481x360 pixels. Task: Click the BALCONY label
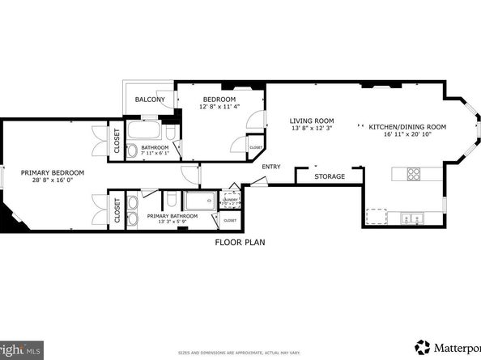coord(150,100)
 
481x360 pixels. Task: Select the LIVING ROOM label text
coord(313,121)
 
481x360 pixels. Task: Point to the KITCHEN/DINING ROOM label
coord(407,127)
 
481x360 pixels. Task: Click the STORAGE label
coord(330,176)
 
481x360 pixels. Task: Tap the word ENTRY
coord(270,167)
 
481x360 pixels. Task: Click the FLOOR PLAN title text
coord(240,242)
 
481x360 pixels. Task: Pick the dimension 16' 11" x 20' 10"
coord(407,136)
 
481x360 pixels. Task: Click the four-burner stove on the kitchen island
coord(413,173)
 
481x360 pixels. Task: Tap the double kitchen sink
coord(413,217)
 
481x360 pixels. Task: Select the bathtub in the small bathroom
coord(147,130)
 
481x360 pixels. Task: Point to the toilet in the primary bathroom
coord(172,200)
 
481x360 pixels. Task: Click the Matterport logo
coord(445,345)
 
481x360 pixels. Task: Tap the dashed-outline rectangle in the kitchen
coord(377,217)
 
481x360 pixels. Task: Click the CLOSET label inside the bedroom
coord(254,147)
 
